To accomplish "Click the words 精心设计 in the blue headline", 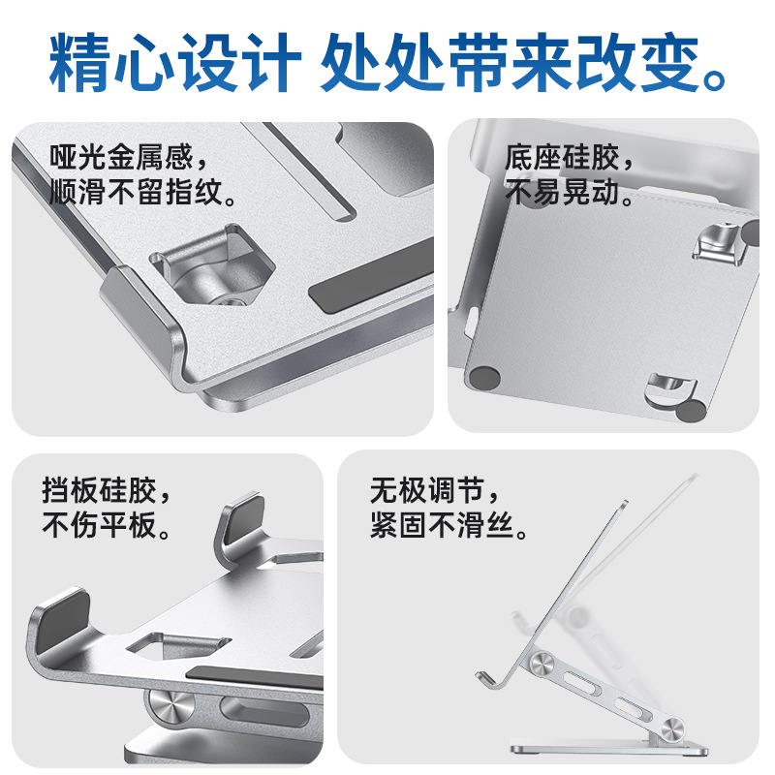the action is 175,63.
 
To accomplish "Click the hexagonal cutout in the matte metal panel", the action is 212,267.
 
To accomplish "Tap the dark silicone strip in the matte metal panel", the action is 372,277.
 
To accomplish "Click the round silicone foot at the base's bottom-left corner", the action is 485,378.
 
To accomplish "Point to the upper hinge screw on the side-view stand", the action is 542,664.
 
